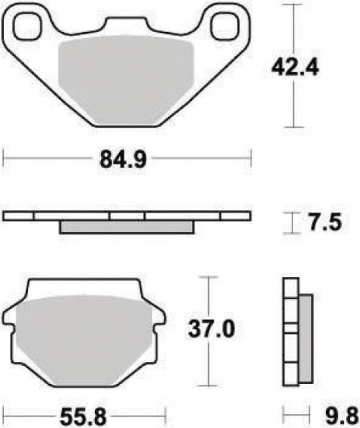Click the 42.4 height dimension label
pyautogui.click(x=295, y=68)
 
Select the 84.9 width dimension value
pyautogui.click(x=123, y=160)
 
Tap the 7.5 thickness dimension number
pyautogui.click(x=325, y=223)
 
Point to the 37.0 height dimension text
pyautogui.click(x=211, y=329)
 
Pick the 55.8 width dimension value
pyautogui.click(x=83, y=418)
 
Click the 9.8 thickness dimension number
pyautogui.click(x=342, y=418)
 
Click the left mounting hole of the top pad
pyautogui.click(x=27, y=26)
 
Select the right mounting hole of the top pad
pyautogui.click(x=225, y=26)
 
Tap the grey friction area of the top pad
pyautogui.click(x=126, y=80)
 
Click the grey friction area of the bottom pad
pyautogui.click(x=84, y=340)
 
